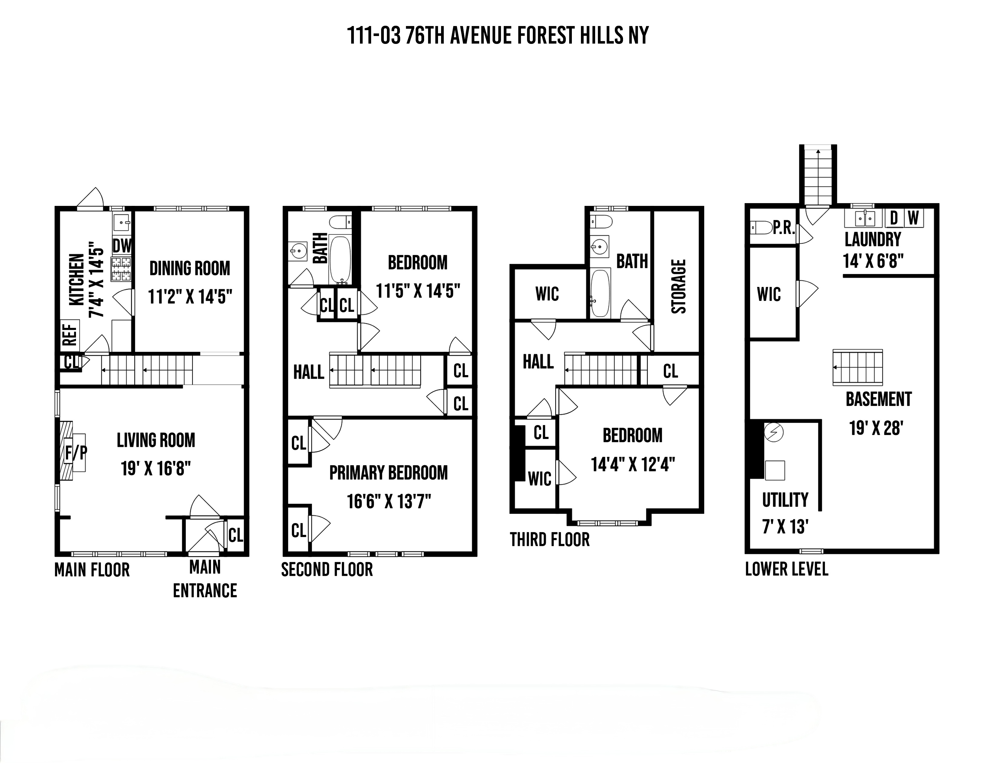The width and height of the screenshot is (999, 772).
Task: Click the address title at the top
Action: (498, 36)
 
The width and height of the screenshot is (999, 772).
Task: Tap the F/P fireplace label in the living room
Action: (75, 453)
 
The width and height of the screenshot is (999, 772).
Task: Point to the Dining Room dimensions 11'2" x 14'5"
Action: (190, 297)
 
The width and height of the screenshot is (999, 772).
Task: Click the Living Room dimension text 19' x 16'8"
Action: (156, 468)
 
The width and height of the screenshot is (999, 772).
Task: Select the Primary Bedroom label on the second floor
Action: (388, 473)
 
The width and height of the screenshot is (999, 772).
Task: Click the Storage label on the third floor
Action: (678, 286)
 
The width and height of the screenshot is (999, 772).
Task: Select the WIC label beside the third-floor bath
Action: (547, 294)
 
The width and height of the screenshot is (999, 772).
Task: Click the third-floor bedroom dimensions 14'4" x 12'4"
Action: (633, 465)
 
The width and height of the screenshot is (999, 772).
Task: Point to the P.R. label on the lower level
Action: (784, 228)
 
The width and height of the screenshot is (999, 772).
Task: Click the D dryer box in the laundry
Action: (894, 218)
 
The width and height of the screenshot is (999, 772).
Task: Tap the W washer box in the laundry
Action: (913, 218)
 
